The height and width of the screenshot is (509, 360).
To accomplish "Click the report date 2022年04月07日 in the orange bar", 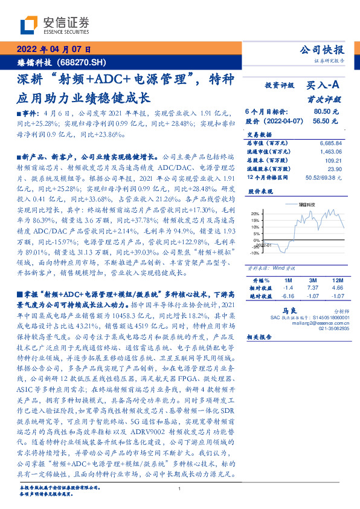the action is [53, 50].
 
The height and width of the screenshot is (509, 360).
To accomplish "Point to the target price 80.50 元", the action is [326, 112].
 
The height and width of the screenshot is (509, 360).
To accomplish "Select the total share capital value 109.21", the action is [333, 160].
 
